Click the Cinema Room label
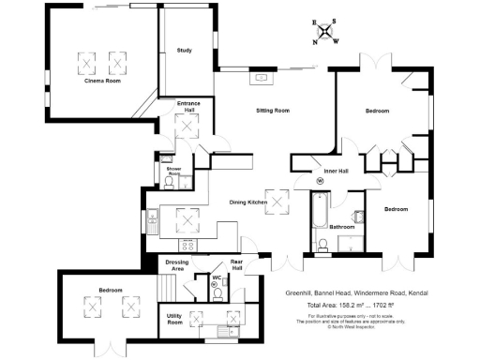click(103, 82)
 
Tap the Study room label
click(184, 51)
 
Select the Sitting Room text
click(273, 111)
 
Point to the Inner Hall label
click(336, 171)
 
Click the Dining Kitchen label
click(249, 202)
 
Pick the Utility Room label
click(174, 320)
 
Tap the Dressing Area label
click(177, 265)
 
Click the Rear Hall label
click(237, 265)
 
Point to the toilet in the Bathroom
click(320, 246)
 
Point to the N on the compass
click(315, 41)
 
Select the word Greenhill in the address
click(302, 292)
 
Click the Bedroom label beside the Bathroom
click(396, 209)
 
